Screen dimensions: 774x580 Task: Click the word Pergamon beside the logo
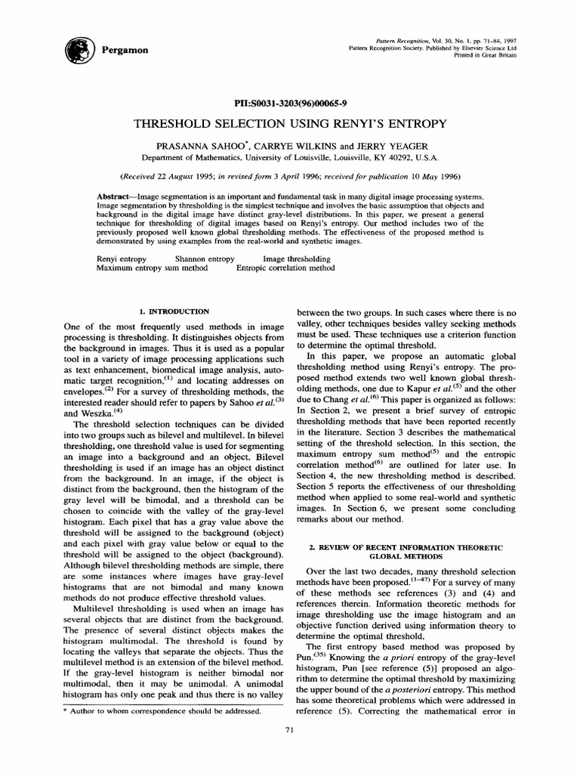(x=125, y=49)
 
